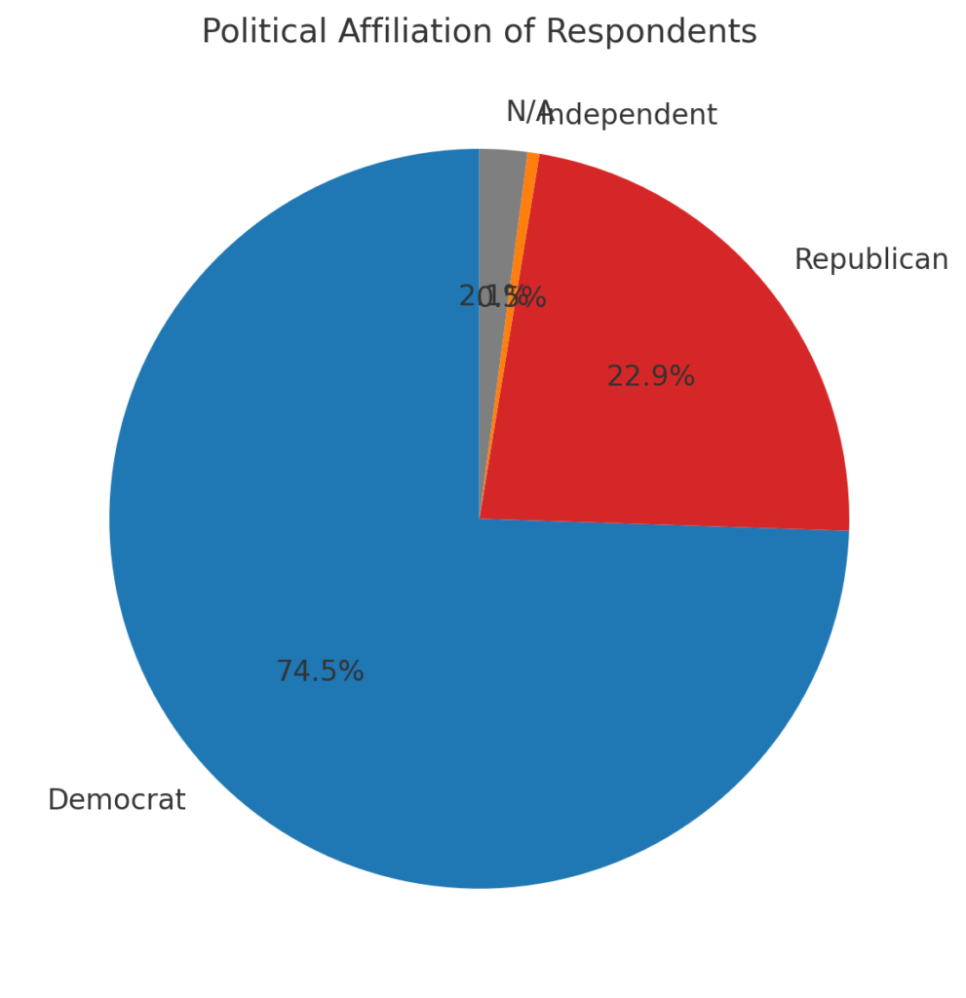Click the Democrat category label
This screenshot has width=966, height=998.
click(x=116, y=800)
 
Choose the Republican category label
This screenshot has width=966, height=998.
click(x=870, y=260)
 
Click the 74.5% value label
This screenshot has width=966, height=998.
click(x=320, y=672)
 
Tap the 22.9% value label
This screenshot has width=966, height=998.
click(x=650, y=376)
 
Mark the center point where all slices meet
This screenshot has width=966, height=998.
click(x=479, y=518)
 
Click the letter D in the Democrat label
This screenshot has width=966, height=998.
click(x=57, y=800)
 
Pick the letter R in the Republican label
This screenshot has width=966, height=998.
click(x=803, y=260)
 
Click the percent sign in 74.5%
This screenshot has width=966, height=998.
click(x=353, y=672)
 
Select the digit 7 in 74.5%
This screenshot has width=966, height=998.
click(x=284, y=672)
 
